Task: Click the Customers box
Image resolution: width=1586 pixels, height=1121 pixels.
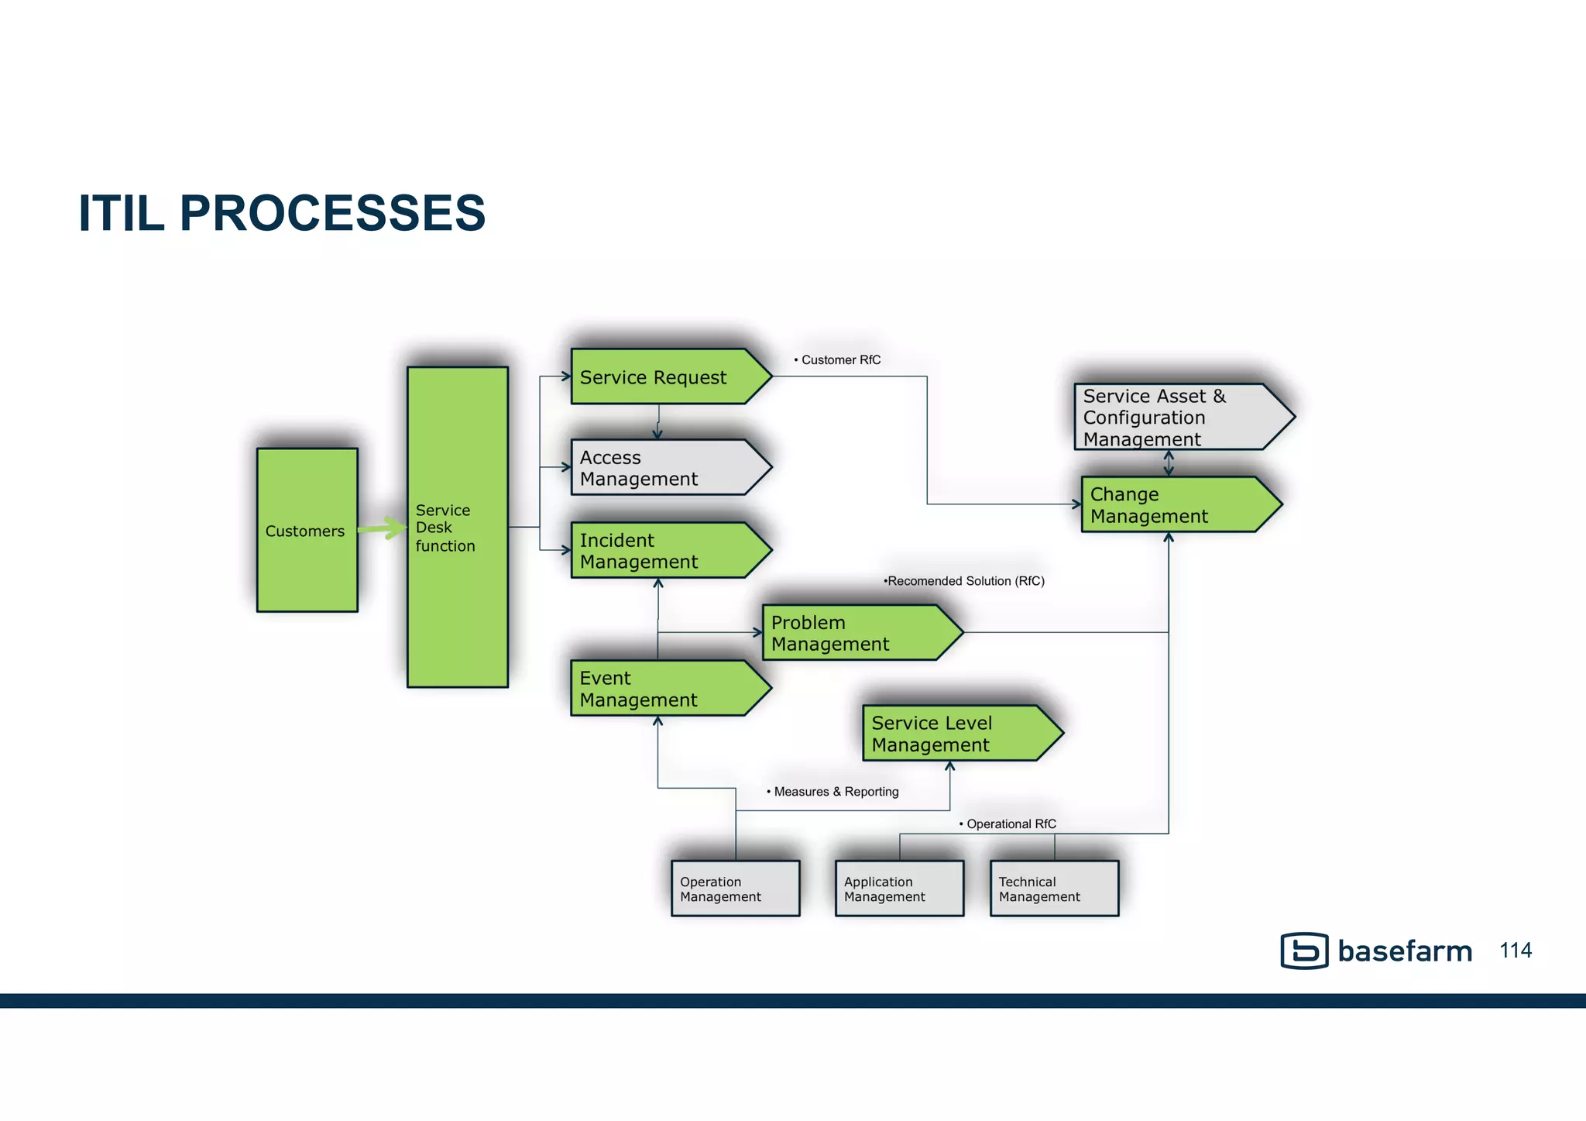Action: click(x=307, y=530)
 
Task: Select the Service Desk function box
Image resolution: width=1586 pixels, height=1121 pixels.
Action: click(x=457, y=527)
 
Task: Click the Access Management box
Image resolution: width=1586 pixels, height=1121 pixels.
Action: click(x=662, y=468)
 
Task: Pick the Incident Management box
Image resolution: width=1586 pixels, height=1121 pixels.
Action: click(x=662, y=551)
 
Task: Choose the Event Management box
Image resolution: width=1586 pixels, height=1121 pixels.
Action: click(x=662, y=689)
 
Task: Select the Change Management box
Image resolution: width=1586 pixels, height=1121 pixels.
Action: click(x=1173, y=505)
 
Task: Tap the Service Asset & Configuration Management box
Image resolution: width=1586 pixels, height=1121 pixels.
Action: click(x=1173, y=418)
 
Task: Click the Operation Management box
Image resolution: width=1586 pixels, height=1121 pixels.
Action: click(x=735, y=889)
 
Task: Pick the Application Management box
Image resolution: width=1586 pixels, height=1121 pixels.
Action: click(x=899, y=889)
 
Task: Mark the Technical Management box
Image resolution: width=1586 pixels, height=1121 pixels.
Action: click(x=1054, y=889)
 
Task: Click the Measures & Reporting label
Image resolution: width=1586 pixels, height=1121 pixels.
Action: click(x=835, y=792)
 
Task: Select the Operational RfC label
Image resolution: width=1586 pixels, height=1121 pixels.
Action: click(x=1009, y=824)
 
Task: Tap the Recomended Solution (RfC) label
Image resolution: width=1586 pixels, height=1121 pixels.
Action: click(x=965, y=581)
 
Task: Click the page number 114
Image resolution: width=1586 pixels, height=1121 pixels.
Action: click(x=1516, y=951)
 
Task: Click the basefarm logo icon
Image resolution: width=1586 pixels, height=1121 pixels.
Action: click(x=1304, y=951)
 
